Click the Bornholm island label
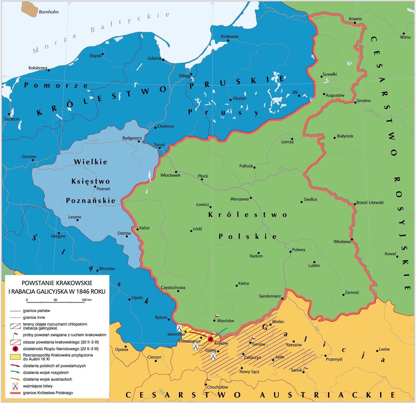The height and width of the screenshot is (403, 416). pyautogui.click(x=49, y=12)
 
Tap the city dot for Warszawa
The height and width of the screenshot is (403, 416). pyautogui.click(x=250, y=198)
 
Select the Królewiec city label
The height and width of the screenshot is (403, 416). pyautogui.click(x=230, y=37)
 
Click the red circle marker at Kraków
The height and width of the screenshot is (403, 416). pyautogui.click(x=211, y=339)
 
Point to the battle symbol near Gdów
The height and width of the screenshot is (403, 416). pyautogui.click(x=213, y=356)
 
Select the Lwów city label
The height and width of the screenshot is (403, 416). pyautogui.click(x=384, y=349)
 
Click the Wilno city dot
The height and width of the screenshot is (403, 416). pyautogui.click(x=403, y=33)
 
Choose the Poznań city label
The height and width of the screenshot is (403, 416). pyautogui.click(x=103, y=189)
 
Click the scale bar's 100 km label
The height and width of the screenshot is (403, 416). pyautogui.click(x=86, y=300)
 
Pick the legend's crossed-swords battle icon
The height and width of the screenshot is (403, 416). pyautogui.click(x=15, y=386)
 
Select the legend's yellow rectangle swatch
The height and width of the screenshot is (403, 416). pyautogui.click(x=15, y=357)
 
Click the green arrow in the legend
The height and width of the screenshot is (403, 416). pyautogui.click(x=15, y=372)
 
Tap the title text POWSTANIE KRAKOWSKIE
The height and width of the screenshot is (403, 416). pyautogui.click(x=57, y=283)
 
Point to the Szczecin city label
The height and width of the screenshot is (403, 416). pyautogui.click(x=12, y=119)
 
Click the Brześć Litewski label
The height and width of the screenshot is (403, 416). pyautogui.click(x=370, y=203)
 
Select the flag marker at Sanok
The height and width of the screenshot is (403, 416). pyautogui.click(x=306, y=368)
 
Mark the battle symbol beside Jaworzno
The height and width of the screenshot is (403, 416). pyautogui.click(x=179, y=328)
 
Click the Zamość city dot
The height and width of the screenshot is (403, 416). pyautogui.click(x=343, y=295)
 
